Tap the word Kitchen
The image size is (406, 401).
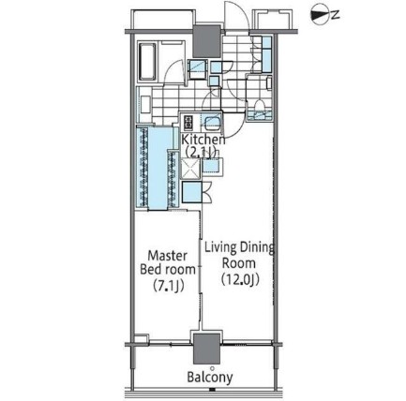[203, 140]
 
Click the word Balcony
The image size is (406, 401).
[210, 378]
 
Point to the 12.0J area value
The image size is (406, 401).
[240, 279]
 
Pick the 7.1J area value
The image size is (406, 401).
[168, 285]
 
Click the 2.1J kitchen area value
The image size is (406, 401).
[202, 153]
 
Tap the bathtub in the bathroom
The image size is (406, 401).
[147, 62]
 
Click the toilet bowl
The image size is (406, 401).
[259, 106]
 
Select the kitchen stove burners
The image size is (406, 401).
[188, 123]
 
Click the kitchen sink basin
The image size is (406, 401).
[211, 123]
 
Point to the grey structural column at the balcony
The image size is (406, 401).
[206, 349]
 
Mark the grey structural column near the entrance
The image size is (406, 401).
[206, 41]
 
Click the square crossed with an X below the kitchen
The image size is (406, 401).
[190, 169]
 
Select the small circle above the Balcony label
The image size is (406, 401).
[212, 368]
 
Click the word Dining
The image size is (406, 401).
[257, 248]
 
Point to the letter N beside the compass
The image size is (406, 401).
[336, 15]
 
